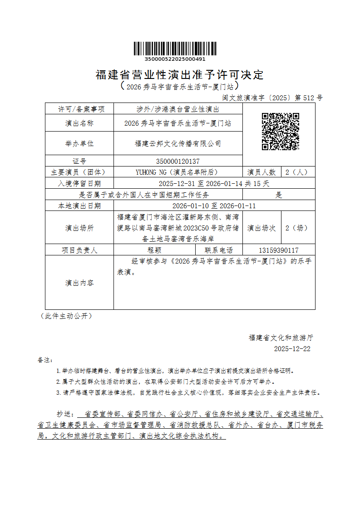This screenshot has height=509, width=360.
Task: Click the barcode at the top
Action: (175, 49)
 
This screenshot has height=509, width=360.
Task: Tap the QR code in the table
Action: (280, 132)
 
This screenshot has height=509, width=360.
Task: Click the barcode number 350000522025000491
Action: (175, 59)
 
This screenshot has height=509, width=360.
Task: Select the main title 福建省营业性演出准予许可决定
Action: (179, 74)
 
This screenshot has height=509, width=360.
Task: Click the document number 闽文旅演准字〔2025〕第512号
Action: (272, 98)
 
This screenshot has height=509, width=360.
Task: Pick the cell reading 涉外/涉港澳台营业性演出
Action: (178, 109)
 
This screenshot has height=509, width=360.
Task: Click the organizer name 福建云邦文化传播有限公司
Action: (178, 143)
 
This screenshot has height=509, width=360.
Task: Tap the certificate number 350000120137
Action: (178, 161)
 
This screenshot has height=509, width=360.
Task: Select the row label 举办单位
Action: (79, 143)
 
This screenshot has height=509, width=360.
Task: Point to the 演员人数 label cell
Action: (261, 172)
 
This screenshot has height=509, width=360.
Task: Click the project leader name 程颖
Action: (154, 250)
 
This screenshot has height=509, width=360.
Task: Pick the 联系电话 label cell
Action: (219, 250)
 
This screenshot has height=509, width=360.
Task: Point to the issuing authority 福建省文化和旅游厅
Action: (281, 338)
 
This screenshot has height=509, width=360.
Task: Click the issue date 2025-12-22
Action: (292, 349)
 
